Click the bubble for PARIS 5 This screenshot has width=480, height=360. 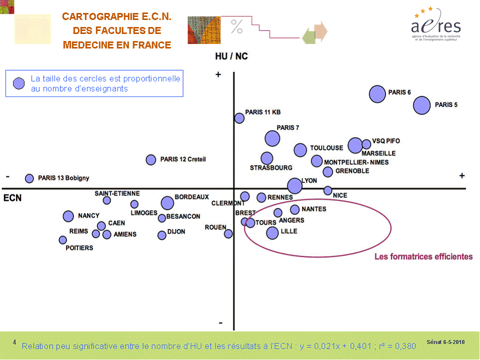[x=422, y=105]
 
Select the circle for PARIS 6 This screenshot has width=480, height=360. [x=377, y=93]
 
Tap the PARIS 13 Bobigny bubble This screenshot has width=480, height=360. [x=29, y=178]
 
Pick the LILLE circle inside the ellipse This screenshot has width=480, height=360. [x=272, y=232]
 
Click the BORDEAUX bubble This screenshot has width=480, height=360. [x=167, y=203]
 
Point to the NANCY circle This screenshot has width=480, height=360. [x=68, y=216]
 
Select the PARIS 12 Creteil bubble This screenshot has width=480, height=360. [x=151, y=159]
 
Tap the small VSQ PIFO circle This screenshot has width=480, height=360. [x=366, y=144]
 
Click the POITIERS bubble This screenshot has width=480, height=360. [x=62, y=240]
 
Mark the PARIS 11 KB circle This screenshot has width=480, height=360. [x=239, y=118]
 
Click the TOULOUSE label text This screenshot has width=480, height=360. [x=326, y=148]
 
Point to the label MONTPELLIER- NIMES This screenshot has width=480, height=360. [x=356, y=162]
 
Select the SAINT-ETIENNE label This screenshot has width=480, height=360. [x=117, y=193]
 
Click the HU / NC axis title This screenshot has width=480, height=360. [x=231, y=56]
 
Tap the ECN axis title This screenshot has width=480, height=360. [x=12, y=198]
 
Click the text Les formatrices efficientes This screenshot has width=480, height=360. [x=423, y=256]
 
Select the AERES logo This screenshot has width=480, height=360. [x=435, y=24]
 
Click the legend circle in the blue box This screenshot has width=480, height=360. [x=18, y=83]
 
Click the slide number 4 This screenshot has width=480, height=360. [x=14, y=342]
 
